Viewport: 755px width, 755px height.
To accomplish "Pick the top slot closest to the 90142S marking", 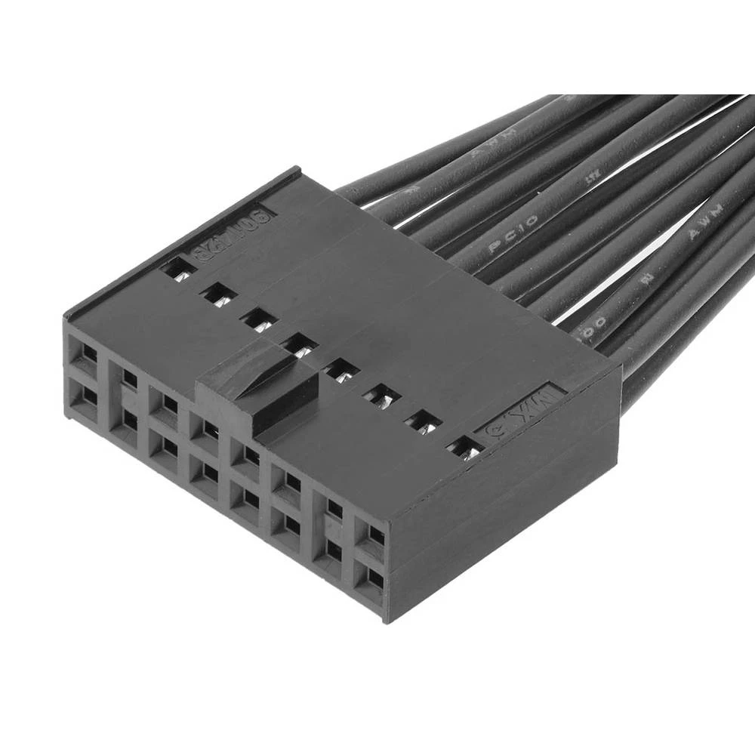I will [178, 268].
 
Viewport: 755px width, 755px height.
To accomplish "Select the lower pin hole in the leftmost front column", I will [87, 395].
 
